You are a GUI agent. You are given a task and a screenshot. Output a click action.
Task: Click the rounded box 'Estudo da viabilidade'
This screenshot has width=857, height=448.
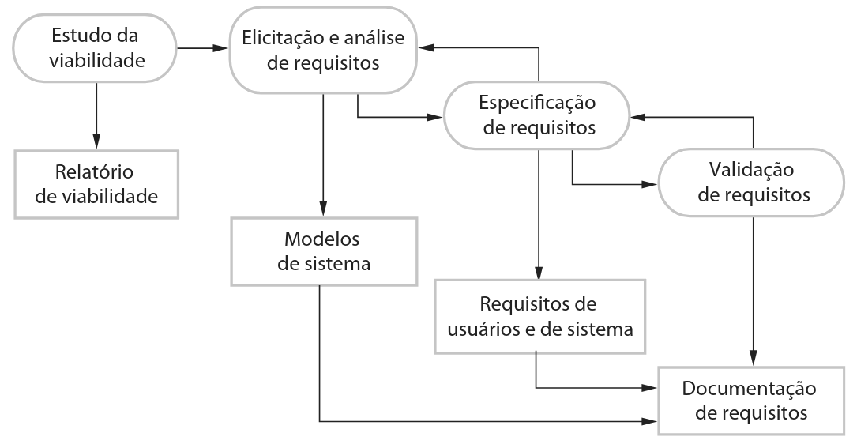96,48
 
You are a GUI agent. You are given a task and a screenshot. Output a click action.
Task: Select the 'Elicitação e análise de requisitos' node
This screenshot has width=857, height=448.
323,48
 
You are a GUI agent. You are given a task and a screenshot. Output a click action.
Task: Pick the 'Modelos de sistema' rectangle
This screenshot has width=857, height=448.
323,250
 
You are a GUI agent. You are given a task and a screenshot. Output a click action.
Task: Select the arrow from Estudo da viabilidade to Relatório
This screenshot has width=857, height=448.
96,114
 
